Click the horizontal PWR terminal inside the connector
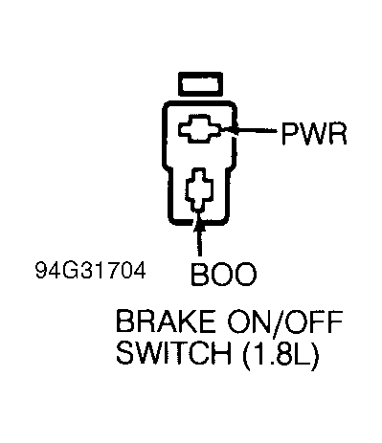pos(198,130)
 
